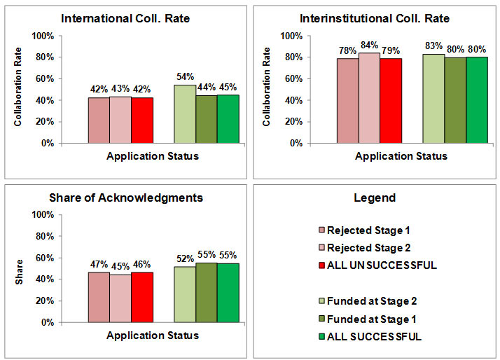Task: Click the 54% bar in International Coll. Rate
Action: pyautogui.click(x=185, y=114)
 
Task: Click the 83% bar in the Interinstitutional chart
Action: pyautogui.click(x=433, y=99)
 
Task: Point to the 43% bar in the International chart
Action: pyautogui.click(x=120, y=120)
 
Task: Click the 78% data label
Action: pyautogui.click(x=347, y=50)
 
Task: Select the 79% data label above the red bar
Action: pyautogui.click(x=391, y=50)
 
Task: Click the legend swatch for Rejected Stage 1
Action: pyautogui.click(x=322, y=230)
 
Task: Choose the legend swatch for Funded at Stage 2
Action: pyautogui.click(x=322, y=302)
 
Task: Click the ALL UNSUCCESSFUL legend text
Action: pyautogui.click(x=382, y=265)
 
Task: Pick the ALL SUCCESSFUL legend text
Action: pyautogui.click(x=375, y=337)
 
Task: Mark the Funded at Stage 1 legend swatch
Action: pyautogui.click(x=322, y=319)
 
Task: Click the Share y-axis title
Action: pyautogui.click(x=18, y=269)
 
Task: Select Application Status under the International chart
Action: pyautogui.click(x=153, y=155)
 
